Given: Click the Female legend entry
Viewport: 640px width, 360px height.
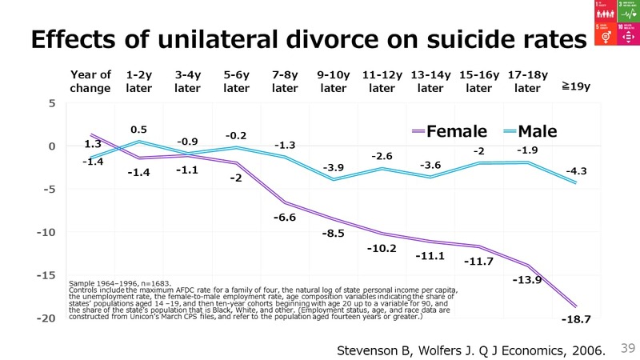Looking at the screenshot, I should [x=447, y=130].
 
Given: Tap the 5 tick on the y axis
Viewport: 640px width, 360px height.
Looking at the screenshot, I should [x=51, y=103].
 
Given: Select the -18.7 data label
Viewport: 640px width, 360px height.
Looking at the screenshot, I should [x=576, y=319].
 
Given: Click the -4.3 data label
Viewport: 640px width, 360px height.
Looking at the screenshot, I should [x=576, y=170].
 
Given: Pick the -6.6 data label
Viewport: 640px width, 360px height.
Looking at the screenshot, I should [x=285, y=218].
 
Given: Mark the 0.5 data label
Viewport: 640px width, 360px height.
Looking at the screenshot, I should [x=139, y=129].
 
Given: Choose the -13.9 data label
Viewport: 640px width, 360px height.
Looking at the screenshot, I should [x=527, y=280].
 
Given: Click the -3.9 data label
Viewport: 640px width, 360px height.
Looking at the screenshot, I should [x=334, y=167].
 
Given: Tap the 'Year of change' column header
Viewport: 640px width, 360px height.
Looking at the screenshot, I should [x=90, y=82].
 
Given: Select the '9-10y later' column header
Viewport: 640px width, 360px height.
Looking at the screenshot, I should [x=333, y=82].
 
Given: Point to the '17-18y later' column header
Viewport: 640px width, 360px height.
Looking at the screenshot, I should [x=527, y=82].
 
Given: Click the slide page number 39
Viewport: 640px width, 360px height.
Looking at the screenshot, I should [x=627, y=347].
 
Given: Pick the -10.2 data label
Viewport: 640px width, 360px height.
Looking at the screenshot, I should [x=382, y=248].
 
